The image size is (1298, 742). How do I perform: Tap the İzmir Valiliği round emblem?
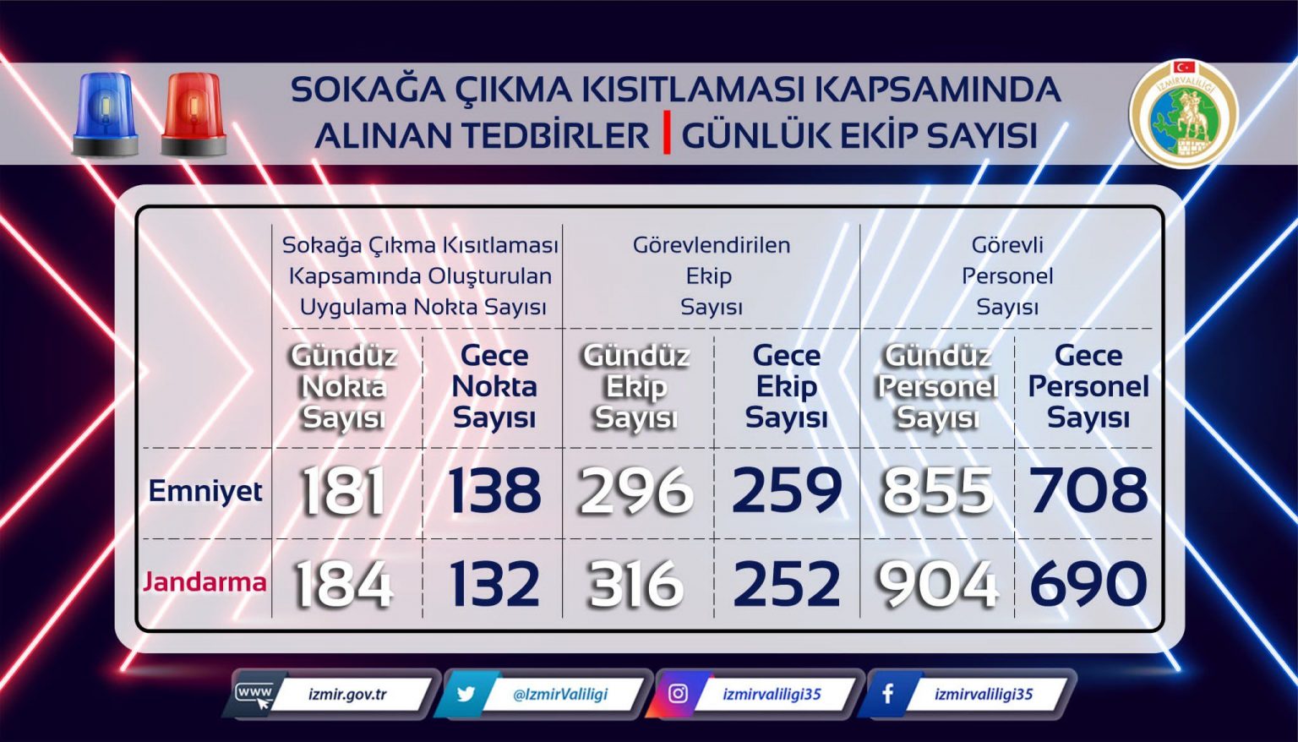click(1184, 113)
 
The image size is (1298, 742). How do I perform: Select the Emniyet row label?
click(205, 491)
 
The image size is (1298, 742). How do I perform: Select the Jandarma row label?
click(205, 582)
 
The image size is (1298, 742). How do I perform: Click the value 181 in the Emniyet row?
click(343, 492)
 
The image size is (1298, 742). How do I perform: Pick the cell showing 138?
click(494, 491)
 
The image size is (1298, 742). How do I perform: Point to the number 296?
click(635, 492)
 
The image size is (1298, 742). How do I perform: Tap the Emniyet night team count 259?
click(787, 491)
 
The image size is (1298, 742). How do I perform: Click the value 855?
click(937, 492)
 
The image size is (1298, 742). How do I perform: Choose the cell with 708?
click(1088, 491)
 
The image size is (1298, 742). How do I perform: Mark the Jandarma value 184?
click(343, 584)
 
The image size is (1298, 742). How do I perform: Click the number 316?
click(635, 584)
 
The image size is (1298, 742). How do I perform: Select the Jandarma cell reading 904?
click(937, 584)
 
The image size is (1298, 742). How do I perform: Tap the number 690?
click(1088, 583)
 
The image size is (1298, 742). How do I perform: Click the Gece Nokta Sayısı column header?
click(494, 387)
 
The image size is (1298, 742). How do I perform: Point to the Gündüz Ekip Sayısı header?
click(635, 387)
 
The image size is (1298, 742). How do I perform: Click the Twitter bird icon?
click(466, 694)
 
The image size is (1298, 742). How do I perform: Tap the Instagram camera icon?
click(678, 694)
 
